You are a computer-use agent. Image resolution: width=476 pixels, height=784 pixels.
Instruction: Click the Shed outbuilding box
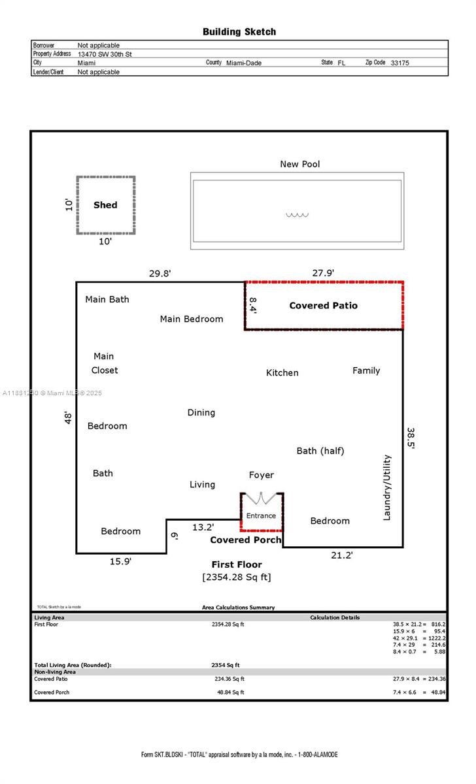click(105, 205)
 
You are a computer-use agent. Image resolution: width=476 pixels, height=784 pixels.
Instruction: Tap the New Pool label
click(300, 164)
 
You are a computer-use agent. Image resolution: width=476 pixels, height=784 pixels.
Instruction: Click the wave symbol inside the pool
click(297, 215)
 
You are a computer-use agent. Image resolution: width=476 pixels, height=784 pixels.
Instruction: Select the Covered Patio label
click(323, 305)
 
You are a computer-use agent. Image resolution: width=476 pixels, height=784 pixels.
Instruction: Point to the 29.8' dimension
click(160, 274)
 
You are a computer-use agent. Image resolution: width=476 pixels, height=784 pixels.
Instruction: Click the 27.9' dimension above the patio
click(323, 273)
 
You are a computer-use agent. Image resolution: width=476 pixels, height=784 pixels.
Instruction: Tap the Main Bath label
click(107, 299)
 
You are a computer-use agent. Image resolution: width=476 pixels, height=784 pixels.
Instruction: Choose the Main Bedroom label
click(192, 319)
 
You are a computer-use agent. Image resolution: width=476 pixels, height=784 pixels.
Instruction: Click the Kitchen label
click(282, 372)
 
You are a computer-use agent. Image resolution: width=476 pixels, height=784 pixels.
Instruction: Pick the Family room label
click(366, 370)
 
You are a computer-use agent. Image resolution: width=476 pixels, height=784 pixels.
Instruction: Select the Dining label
click(201, 412)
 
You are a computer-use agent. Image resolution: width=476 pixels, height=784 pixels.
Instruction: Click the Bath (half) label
click(320, 451)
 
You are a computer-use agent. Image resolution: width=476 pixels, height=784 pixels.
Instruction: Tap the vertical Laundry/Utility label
click(387, 487)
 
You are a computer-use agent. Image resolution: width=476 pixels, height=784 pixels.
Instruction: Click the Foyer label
click(262, 475)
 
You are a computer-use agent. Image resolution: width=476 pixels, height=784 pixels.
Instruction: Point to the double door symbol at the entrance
click(262, 499)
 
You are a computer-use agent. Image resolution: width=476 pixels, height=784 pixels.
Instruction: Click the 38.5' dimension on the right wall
click(411, 438)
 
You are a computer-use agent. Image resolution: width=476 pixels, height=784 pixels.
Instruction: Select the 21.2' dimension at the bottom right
click(341, 555)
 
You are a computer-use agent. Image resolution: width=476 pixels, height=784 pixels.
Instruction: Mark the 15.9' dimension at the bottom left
click(120, 560)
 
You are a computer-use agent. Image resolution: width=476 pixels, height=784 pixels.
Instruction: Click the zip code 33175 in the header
click(399, 63)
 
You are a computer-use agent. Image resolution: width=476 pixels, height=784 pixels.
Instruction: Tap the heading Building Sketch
click(239, 31)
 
